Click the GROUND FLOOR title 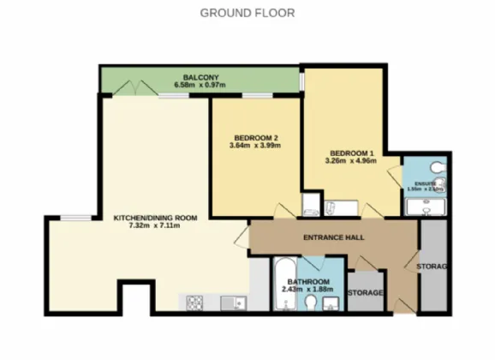point(247,13)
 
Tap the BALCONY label point(198,76)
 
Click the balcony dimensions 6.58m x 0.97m point(198,85)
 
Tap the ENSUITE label point(426,183)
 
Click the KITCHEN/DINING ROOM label point(156,218)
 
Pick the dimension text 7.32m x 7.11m point(156,227)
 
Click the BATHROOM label point(309,282)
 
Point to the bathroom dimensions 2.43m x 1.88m point(309,291)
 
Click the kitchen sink point(230,302)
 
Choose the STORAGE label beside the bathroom point(366,293)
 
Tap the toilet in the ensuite point(438,165)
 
